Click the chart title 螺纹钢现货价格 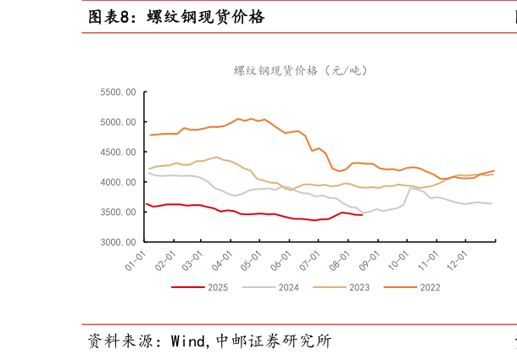point(301,70)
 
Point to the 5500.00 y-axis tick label point(119,92)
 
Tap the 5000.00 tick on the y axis point(119,122)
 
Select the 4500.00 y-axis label point(119,152)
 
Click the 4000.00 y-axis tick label point(119,182)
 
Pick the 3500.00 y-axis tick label point(119,213)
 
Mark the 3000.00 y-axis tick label point(119,242)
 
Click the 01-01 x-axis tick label point(136,258)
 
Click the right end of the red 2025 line point(362,215)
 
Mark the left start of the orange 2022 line point(150,135)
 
